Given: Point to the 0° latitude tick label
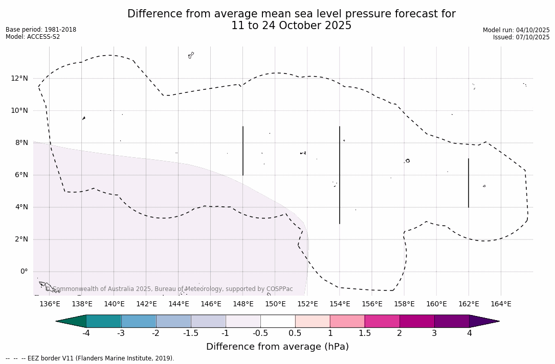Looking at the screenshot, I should point(24,272).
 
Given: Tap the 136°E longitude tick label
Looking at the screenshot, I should point(50,304).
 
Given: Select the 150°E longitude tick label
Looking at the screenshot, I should point(275,304).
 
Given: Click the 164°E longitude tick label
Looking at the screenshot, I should point(501,304).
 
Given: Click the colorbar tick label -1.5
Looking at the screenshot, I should point(191,333).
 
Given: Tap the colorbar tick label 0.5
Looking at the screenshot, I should point(295,333).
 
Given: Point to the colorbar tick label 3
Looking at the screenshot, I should point(434,333).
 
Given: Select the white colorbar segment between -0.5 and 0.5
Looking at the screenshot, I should point(278,321).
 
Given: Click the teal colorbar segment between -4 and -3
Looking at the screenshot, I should point(104,321).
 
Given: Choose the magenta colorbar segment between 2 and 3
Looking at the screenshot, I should point(417,321).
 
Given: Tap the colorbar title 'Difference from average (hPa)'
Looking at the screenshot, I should point(277,347).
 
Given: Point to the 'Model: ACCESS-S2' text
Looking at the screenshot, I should point(33,37).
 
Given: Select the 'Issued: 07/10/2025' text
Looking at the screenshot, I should point(521,37).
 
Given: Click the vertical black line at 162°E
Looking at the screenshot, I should point(469,183).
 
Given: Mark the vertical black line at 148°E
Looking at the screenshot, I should point(243,151).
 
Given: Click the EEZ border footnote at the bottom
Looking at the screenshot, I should point(90,358).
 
